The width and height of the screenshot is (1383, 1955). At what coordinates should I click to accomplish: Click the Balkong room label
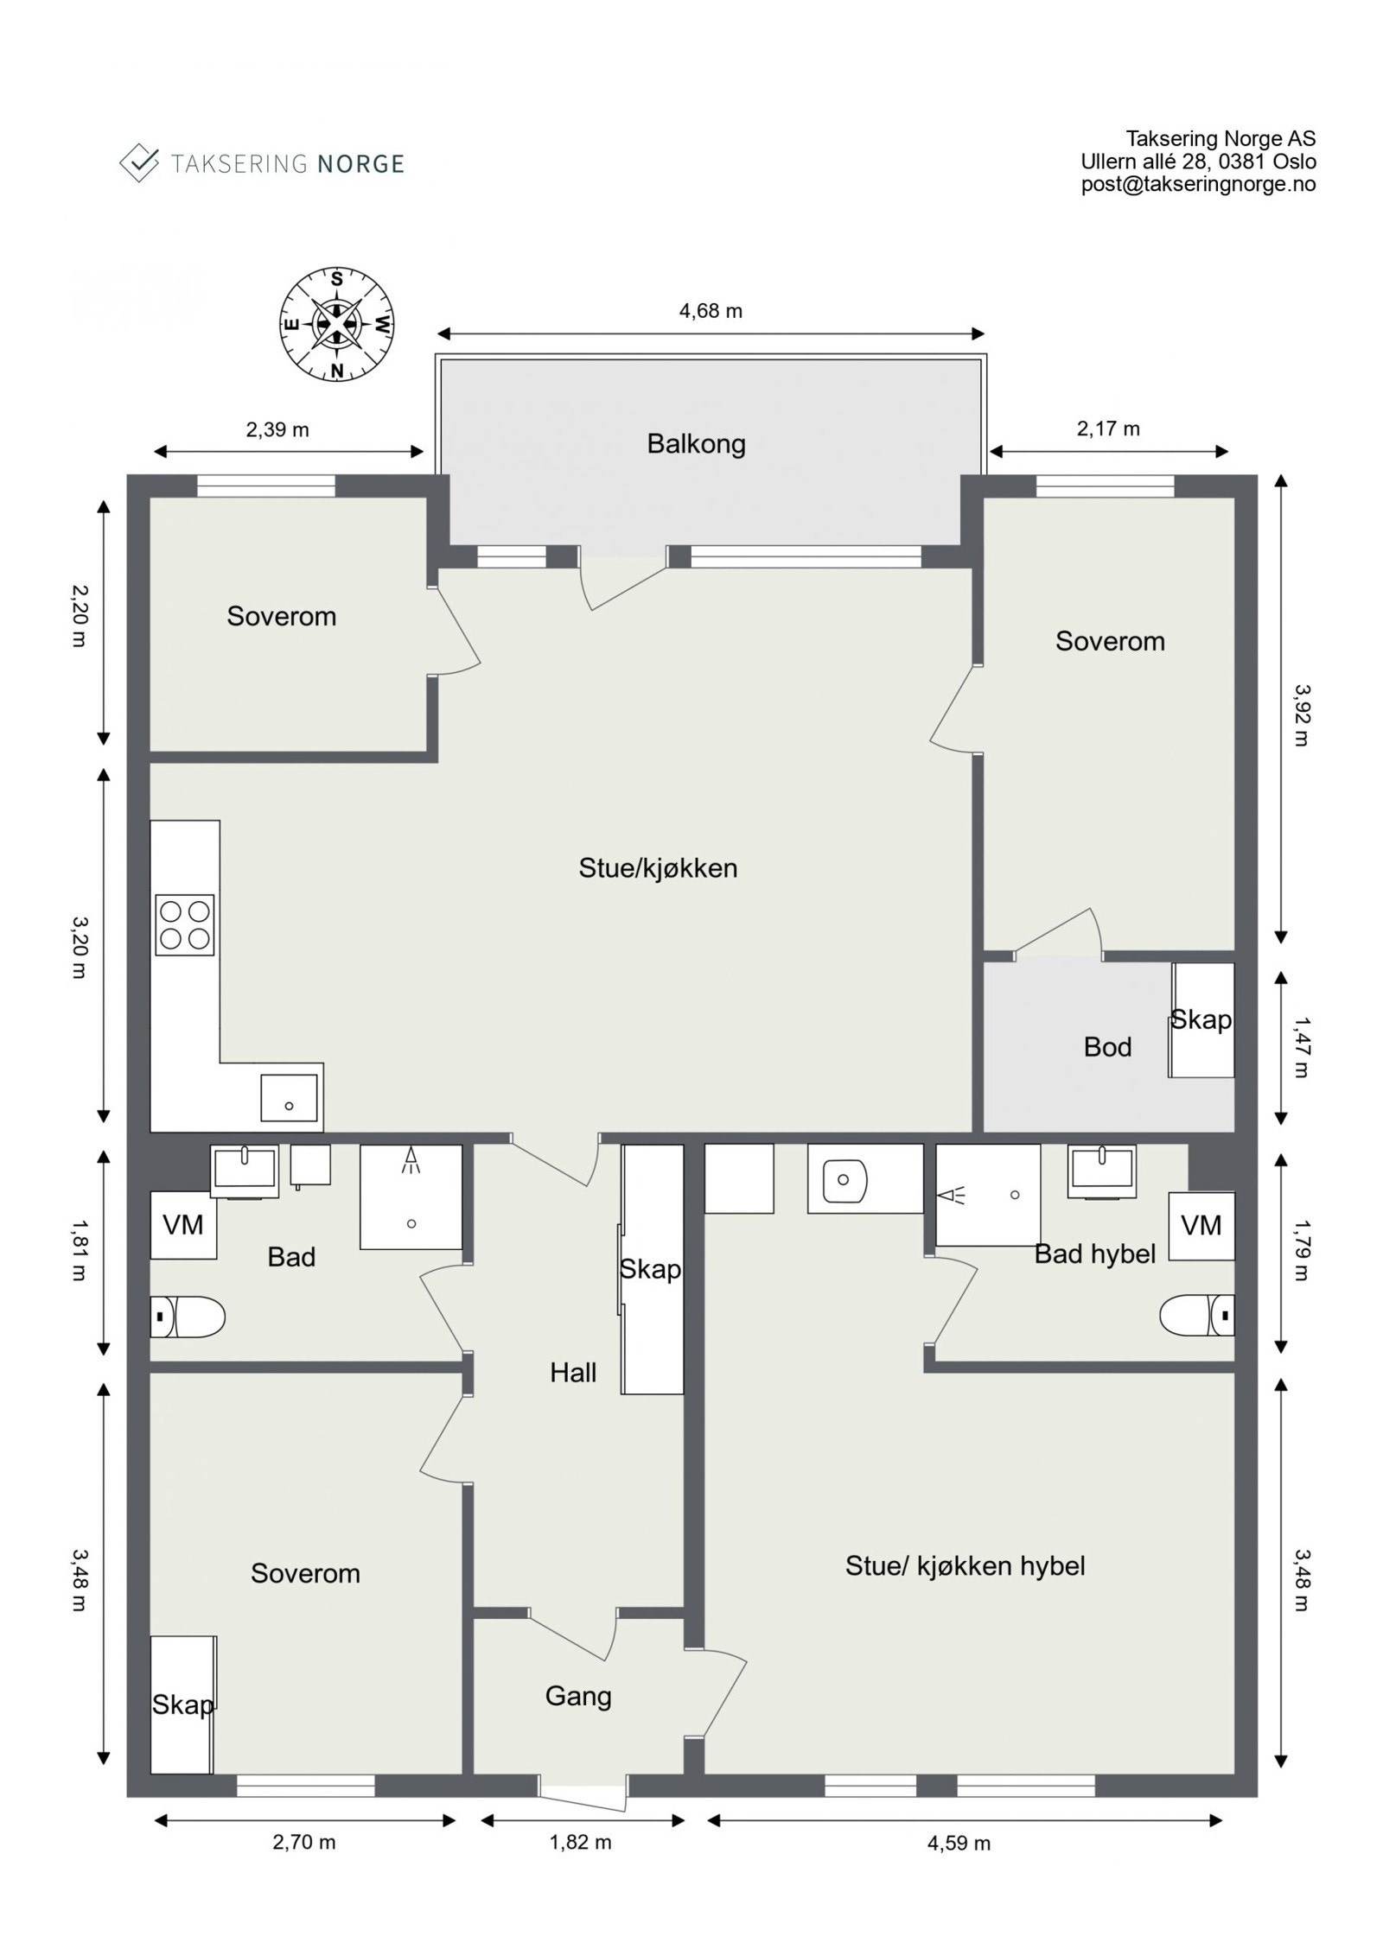point(696,444)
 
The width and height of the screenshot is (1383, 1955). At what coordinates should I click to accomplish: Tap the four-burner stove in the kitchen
point(184,924)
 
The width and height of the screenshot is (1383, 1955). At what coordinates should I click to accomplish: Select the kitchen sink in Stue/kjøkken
point(289,1097)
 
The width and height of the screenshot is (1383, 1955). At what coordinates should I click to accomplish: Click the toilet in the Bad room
point(188,1317)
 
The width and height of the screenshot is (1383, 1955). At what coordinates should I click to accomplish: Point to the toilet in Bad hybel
point(1196,1315)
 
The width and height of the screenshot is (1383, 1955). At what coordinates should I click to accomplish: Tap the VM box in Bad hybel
point(1201,1226)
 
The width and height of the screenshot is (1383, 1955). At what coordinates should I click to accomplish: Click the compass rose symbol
point(337,324)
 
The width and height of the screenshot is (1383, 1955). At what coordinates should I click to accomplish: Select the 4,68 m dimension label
point(711,311)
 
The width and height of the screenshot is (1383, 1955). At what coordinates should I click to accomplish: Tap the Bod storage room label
point(1107,1047)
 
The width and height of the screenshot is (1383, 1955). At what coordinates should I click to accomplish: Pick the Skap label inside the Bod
point(1201,1019)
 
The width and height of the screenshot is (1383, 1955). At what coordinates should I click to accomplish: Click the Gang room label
point(578,1696)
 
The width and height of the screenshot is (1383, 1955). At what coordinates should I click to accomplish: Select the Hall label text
point(573,1373)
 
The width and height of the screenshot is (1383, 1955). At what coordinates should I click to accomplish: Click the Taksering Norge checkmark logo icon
point(139,162)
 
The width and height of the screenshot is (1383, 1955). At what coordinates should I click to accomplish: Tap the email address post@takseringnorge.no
point(1198,184)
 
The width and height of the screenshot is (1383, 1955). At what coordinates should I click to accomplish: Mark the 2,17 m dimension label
point(1108,428)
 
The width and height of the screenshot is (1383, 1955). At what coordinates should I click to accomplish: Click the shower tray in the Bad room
point(411,1196)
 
